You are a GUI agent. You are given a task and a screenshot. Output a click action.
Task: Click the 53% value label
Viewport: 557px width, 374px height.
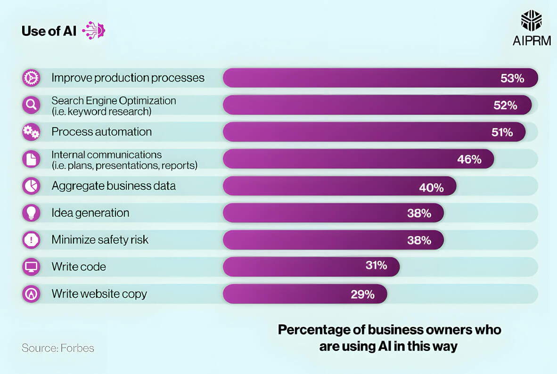[512, 78]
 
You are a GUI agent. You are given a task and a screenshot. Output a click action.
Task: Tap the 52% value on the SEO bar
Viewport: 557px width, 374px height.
[505, 106]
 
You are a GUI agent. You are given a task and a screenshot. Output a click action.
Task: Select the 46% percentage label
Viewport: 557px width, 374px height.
[469, 159]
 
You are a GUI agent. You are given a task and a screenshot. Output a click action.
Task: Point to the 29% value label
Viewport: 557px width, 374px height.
[362, 294]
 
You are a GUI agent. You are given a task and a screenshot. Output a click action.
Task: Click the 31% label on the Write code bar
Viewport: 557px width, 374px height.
[376, 266]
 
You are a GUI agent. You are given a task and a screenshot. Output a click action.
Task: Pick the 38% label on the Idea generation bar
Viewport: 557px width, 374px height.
[419, 213]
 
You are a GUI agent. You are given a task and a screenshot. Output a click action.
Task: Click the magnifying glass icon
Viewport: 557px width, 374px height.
[31, 106]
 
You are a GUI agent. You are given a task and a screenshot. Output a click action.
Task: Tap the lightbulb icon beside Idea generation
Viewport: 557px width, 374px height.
[31, 213]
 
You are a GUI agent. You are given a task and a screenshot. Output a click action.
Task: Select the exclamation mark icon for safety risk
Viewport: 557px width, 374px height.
[31, 240]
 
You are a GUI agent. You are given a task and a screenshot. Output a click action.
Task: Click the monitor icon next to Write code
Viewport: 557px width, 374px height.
[31, 267]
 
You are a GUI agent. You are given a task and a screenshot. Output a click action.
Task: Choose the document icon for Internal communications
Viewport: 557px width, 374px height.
[31, 159]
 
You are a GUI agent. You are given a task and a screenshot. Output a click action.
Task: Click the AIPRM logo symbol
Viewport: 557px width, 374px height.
[531, 22]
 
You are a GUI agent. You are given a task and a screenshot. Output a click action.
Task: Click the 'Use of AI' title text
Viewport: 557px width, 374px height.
[49, 31]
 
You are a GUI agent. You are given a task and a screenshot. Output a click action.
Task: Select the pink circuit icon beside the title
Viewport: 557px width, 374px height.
[94, 30]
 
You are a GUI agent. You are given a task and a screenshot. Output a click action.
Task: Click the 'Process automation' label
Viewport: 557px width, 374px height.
[102, 132]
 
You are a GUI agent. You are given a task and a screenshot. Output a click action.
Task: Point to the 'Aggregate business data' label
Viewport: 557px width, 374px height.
[114, 186]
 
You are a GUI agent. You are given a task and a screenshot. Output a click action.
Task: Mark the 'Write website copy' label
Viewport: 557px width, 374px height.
[99, 294]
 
